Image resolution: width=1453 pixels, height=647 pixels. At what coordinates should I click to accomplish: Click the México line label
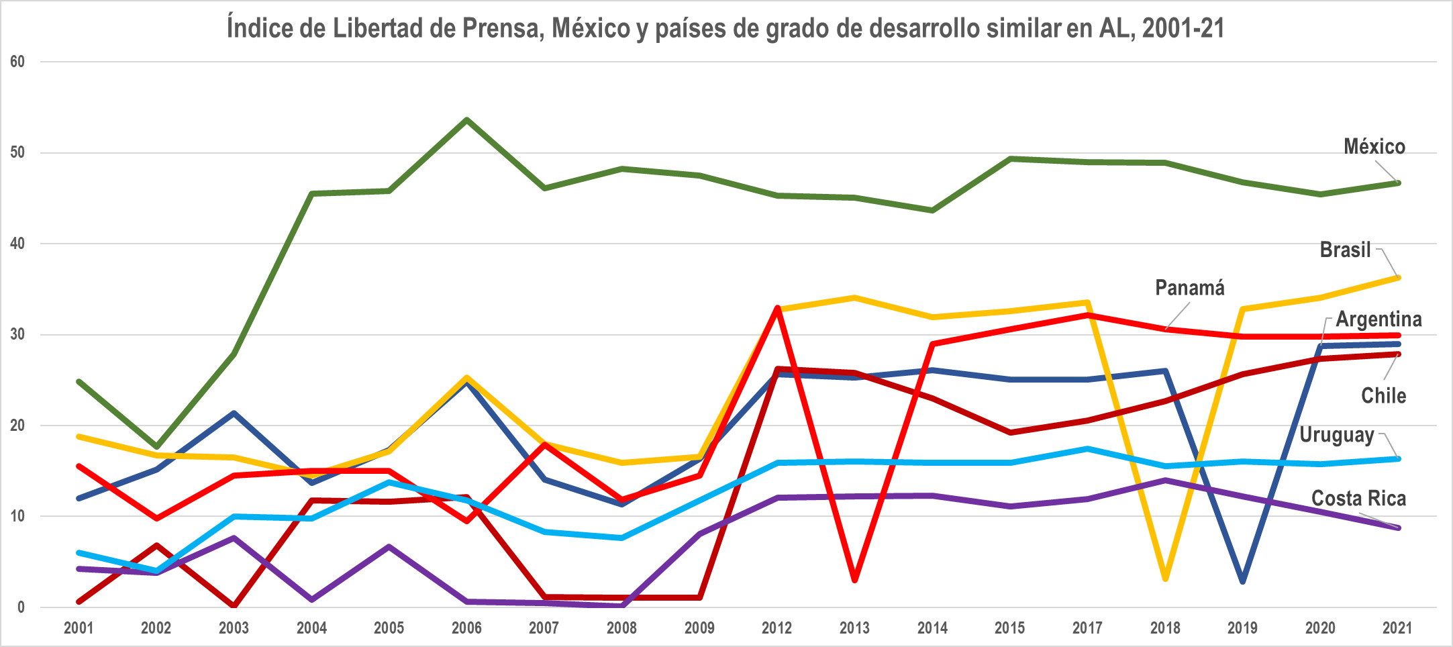(1374, 146)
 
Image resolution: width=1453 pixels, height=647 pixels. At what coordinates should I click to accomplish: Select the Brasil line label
(1345, 250)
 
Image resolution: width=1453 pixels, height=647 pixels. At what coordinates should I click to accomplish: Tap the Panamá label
(1189, 288)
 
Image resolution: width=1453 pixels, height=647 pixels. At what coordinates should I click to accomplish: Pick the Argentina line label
(1379, 319)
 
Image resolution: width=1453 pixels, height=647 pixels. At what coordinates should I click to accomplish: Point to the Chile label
(1383, 395)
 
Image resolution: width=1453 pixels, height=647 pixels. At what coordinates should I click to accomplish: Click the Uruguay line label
(1336, 435)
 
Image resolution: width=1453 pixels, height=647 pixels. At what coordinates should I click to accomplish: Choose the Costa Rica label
(1358, 498)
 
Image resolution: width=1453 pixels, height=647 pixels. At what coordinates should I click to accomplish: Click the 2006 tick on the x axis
(466, 628)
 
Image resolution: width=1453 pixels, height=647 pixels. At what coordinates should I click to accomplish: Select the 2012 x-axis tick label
(776, 628)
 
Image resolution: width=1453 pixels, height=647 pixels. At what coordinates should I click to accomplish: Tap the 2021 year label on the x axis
(1397, 628)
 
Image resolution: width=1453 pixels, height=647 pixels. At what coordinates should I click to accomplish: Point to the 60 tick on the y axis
(17, 62)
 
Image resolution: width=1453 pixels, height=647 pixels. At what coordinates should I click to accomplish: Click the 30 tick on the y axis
(17, 334)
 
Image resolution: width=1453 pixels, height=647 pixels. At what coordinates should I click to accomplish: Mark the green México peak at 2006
(466, 120)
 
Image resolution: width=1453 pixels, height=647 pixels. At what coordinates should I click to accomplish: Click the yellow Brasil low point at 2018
(1165, 578)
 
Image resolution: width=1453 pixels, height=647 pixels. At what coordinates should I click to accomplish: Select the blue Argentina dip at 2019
(1242, 581)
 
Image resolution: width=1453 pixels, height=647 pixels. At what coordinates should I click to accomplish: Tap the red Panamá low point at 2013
(854, 579)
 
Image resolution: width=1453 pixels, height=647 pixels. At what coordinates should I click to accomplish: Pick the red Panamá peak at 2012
(777, 308)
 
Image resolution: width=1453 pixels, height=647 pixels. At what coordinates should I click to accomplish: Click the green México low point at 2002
(156, 446)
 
